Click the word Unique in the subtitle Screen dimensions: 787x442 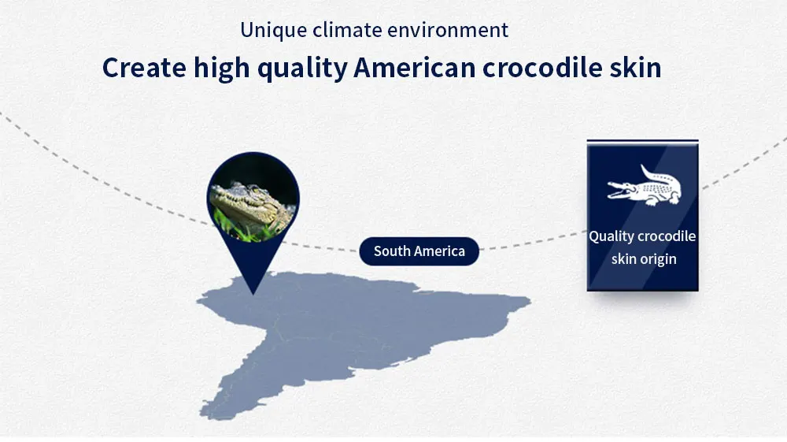pyautogui.click(x=274, y=31)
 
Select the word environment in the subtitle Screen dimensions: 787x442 pyautogui.click(x=448, y=30)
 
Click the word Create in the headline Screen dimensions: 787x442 pyautogui.click(x=145, y=67)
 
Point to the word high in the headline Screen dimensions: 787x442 pyautogui.click(x=222, y=69)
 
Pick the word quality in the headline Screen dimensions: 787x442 pyautogui.click(x=302, y=69)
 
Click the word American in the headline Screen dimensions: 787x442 pyautogui.click(x=415, y=67)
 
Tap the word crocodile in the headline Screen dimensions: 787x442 pyautogui.click(x=542, y=67)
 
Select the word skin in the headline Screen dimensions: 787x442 pyautogui.click(x=635, y=67)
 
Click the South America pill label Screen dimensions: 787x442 pyautogui.click(x=419, y=251)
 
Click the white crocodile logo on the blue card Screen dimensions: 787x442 pyautogui.click(x=645, y=186)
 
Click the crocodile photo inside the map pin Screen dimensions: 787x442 pyautogui.click(x=253, y=199)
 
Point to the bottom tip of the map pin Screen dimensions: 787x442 pyautogui.click(x=253, y=295)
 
